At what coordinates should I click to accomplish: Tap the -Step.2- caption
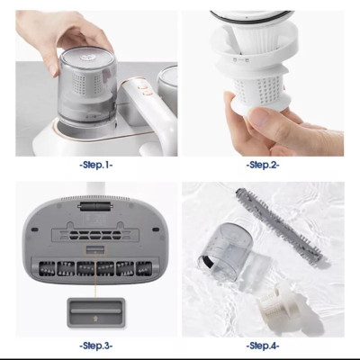tap(264, 166)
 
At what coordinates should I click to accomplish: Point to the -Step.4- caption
tap(264, 346)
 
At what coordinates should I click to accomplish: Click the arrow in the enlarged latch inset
tap(96, 312)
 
